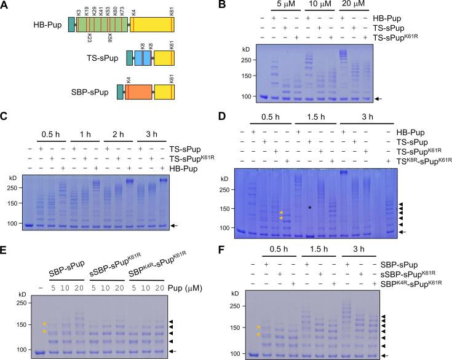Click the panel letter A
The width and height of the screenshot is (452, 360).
[x=6, y=6]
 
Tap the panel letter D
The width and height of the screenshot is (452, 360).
[x=237, y=113]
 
